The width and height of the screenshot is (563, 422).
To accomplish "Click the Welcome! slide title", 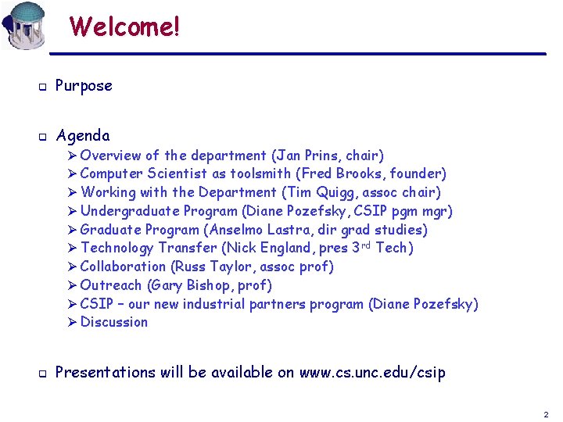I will coord(124,27).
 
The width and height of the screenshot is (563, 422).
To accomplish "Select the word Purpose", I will coord(84,86).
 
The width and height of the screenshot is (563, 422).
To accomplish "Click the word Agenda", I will coord(83,136).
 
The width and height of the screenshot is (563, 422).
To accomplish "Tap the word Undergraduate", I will coord(130,211).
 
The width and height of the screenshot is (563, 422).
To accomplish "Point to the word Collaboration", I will coord(123,266).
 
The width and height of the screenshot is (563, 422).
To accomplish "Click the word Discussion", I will coord(114,322).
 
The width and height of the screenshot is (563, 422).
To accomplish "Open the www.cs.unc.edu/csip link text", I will coord(372,373).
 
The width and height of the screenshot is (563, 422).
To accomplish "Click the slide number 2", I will coord(546,414).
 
